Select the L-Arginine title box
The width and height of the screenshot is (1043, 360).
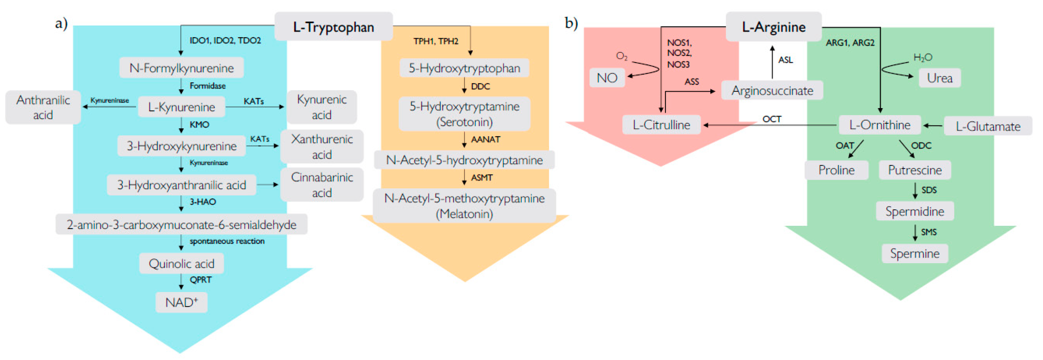tap(773, 27)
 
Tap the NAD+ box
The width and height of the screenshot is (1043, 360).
tap(181, 302)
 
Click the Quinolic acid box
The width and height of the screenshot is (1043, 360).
tap(181, 264)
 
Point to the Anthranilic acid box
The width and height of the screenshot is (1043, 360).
tap(43, 107)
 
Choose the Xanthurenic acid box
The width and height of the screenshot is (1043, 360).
tap(322, 147)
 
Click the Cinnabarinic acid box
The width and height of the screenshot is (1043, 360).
tap(322, 185)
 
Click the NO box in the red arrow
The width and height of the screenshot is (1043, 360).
tap(607, 78)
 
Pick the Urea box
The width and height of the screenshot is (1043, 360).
tap(939, 78)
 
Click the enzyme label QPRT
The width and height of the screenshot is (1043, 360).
tap(200, 280)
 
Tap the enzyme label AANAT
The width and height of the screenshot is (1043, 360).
tap(485, 139)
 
